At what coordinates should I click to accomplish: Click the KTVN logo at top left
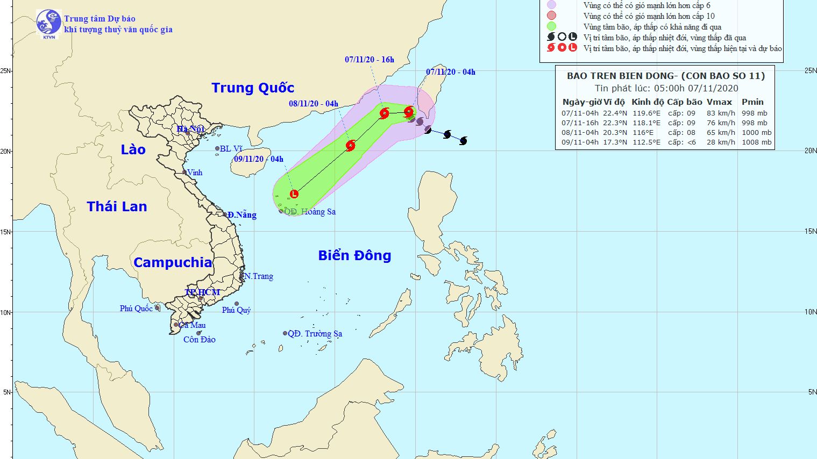click(x=48, y=24)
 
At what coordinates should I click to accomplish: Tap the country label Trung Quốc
click(x=253, y=88)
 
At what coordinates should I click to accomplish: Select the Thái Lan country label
click(x=117, y=206)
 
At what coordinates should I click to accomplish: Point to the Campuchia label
click(x=173, y=262)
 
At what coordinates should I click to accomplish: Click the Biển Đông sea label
click(x=354, y=255)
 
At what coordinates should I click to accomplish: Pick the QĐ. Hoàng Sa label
click(x=310, y=212)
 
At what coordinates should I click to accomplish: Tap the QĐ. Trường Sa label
click(x=315, y=334)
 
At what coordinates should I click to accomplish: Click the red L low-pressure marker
click(x=294, y=194)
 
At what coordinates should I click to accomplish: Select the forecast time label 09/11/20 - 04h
click(x=259, y=159)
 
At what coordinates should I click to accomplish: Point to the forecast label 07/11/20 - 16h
click(x=370, y=60)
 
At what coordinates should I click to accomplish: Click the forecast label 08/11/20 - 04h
click(x=314, y=104)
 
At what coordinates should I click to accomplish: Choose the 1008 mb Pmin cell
click(x=756, y=142)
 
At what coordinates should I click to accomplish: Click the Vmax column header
click(x=719, y=102)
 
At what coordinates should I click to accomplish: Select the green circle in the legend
click(x=551, y=26)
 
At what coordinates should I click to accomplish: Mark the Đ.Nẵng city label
click(x=241, y=215)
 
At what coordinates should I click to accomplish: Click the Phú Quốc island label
click(x=136, y=309)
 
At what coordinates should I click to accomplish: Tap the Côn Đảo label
click(x=200, y=340)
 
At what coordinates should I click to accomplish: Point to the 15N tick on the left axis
click(x=5, y=232)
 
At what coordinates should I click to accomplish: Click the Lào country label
click(x=133, y=149)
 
